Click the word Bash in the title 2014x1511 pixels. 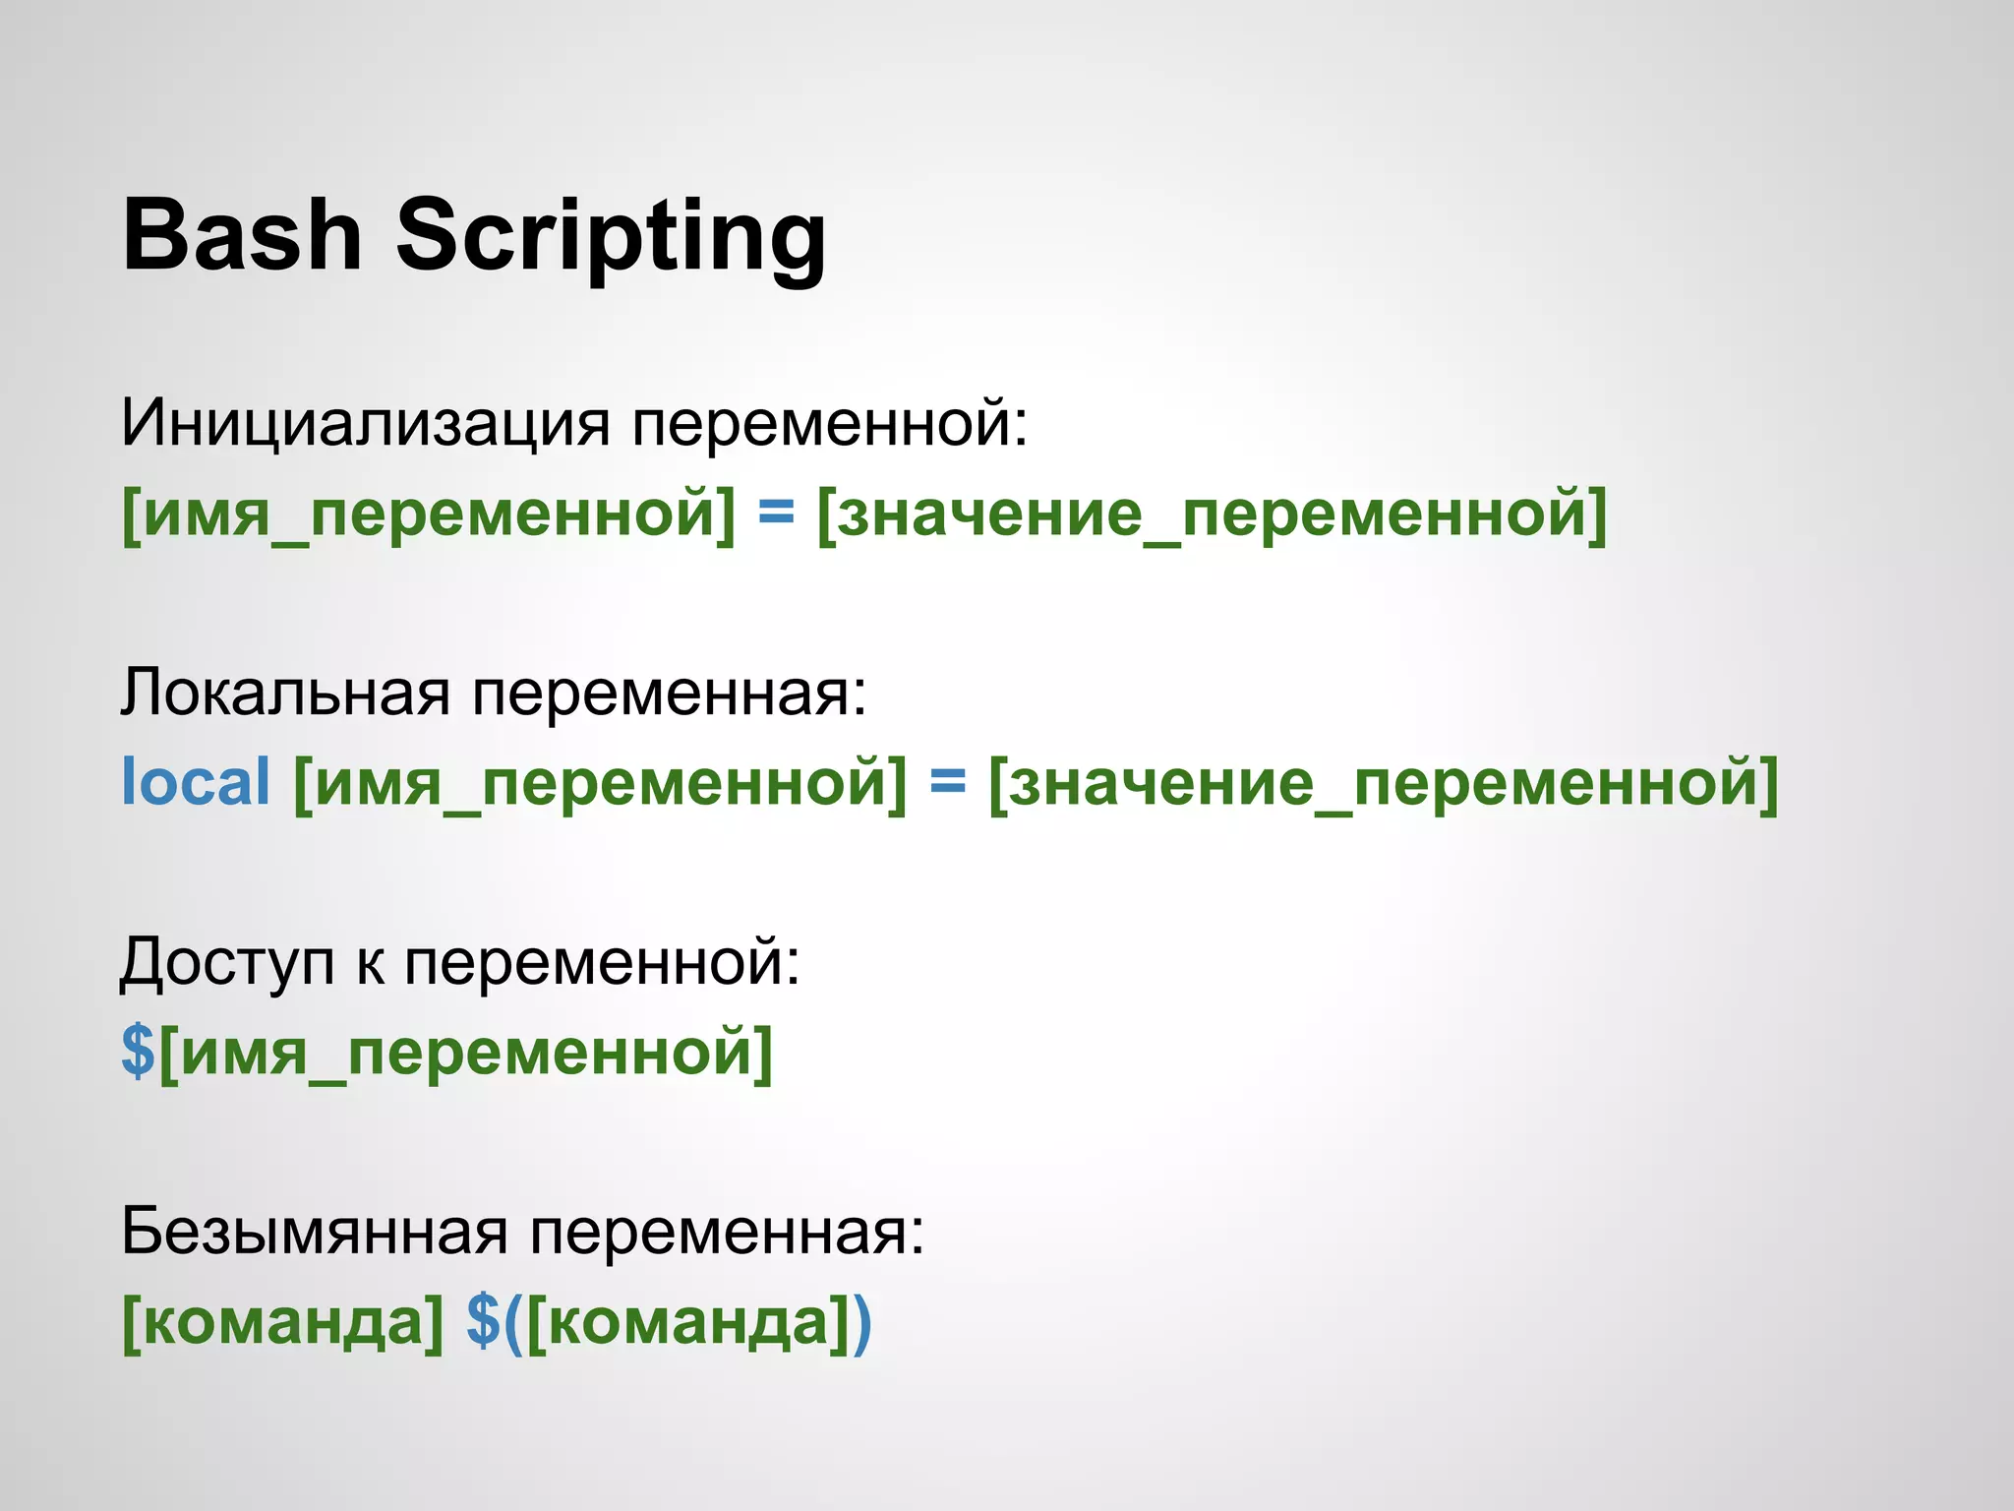242,236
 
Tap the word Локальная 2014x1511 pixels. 285,693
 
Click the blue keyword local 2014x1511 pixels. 195,782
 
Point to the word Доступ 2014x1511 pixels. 227,963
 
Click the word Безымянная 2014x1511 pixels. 315,1231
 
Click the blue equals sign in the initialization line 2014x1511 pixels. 776,513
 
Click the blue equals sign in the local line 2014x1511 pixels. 948,782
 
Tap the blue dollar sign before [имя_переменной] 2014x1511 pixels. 138,1051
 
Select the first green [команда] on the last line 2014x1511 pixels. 283,1321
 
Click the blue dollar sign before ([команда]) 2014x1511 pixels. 483,1321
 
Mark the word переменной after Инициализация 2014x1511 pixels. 829,424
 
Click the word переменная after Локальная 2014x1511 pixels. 669,693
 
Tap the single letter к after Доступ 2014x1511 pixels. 371,963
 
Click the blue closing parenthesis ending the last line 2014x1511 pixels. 860,1321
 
